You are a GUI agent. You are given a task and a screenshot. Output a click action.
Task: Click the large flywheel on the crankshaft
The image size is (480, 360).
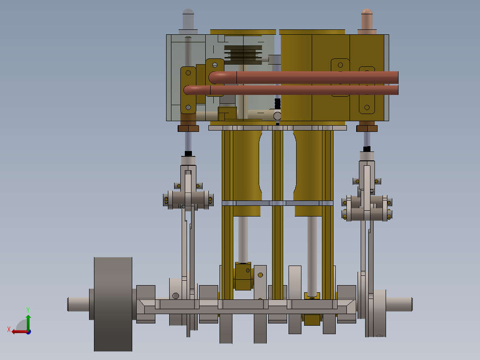click(113, 304)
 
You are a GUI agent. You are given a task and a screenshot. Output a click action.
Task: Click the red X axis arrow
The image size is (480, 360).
click(17, 331)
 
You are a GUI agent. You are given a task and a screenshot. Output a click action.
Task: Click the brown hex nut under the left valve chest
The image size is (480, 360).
click(188, 128)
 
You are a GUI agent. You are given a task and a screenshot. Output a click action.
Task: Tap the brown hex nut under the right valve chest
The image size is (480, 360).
click(367, 128)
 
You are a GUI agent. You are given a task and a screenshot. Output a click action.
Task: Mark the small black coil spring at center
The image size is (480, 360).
click(278, 104)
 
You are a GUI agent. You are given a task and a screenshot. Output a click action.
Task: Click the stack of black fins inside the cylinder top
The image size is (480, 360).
click(243, 54)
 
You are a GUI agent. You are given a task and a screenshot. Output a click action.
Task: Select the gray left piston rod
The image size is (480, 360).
click(243, 239)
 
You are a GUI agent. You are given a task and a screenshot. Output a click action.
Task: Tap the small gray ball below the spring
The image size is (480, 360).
click(278, 116)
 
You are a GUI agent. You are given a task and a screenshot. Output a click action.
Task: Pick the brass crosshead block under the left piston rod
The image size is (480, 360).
click(243, 276)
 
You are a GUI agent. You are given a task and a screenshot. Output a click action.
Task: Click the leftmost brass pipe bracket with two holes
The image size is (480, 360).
click(188, 90)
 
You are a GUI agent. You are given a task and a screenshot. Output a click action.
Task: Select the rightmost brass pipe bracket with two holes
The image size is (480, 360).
click(367, 89)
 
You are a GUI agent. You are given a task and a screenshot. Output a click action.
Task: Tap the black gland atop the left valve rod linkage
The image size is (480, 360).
click(188, 153)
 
